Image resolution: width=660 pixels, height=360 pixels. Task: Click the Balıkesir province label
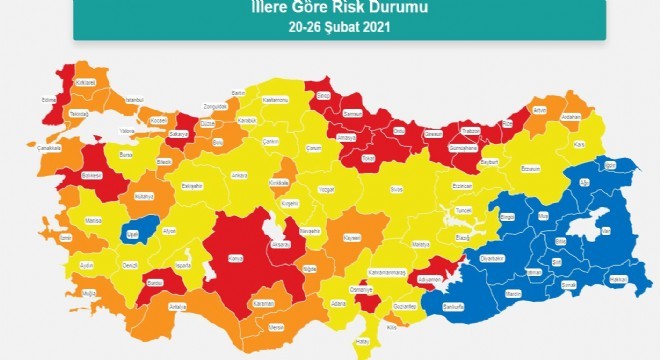tap(93, 176)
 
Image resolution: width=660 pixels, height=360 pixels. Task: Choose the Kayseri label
tap(351, 238)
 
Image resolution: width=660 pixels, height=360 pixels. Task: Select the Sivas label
tap(397, 188)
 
